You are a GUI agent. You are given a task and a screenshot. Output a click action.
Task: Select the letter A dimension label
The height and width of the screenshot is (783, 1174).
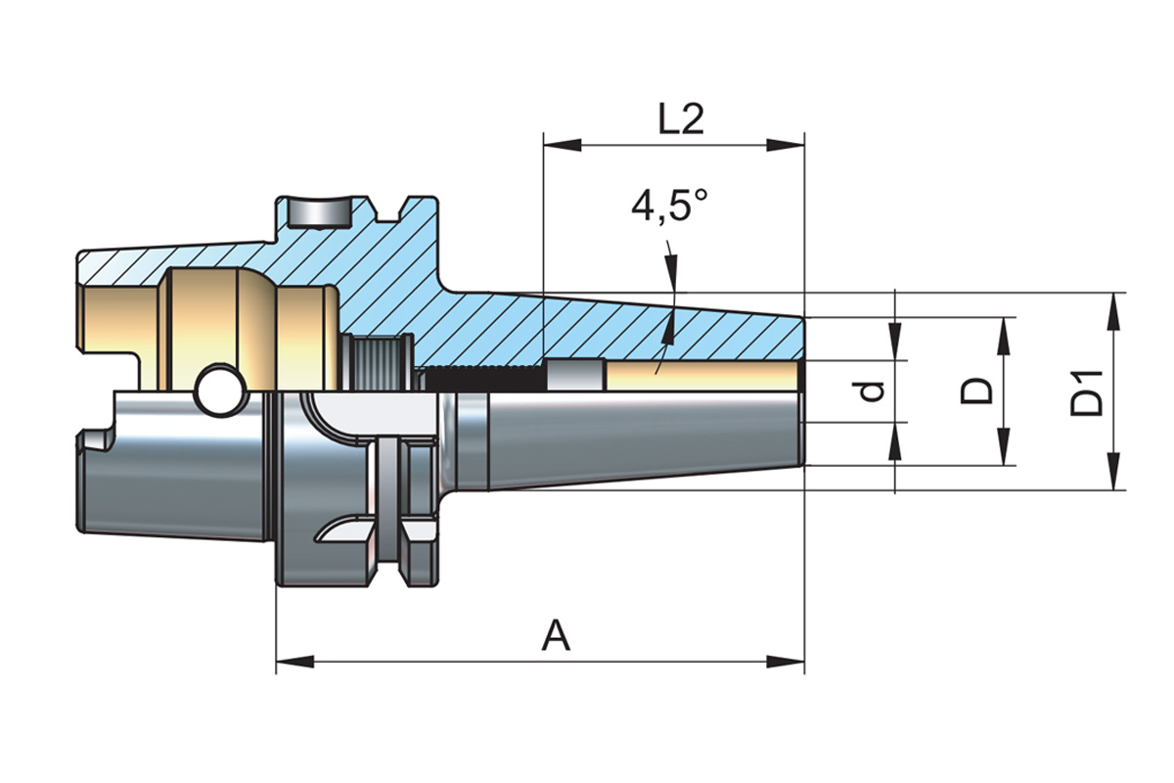click(x=556, y=637)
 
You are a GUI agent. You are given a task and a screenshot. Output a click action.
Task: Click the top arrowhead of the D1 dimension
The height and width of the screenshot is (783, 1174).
click(x=1115, y=307)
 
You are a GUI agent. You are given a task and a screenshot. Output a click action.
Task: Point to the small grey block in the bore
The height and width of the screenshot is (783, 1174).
click(x=574, y=377)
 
